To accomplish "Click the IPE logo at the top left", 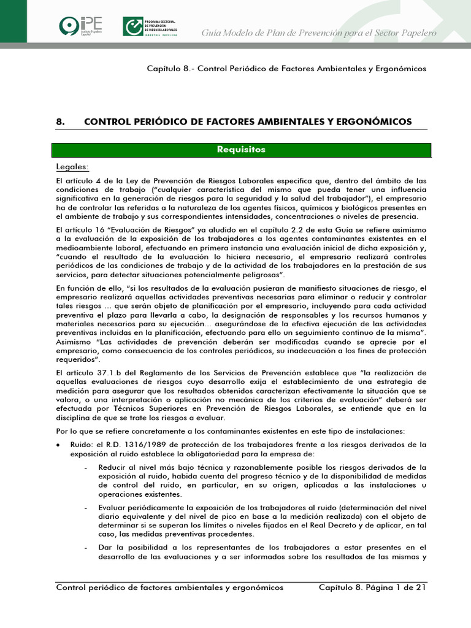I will point(80,26).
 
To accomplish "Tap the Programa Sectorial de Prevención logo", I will point(151,26).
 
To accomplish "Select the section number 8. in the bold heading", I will point(60,121).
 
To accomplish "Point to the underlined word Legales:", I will point(72,167).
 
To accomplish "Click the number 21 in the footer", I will point(420,588).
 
